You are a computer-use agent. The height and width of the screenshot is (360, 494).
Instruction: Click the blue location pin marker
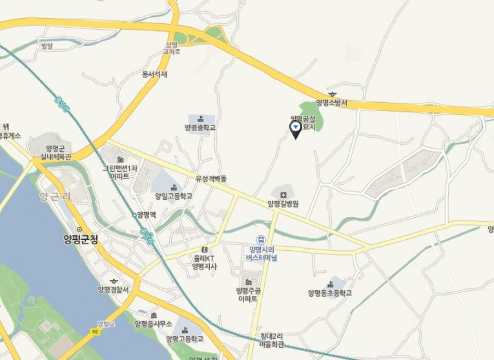pyautogui.click(x=295, y=129)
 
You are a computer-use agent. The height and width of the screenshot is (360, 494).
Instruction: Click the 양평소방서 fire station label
pyautogui.click(x=331, y=103)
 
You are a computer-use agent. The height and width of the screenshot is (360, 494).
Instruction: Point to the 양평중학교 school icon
pyautogui.click(x=200, y=118)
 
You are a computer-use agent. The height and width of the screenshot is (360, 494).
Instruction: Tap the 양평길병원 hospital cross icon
pyautogui.click(x=283, y=195)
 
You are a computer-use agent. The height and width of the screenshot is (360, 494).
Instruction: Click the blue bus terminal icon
pyautogui.click(x=262, y=239)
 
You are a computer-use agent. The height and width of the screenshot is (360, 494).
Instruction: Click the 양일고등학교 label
pyautogui.click(x=173, y=195)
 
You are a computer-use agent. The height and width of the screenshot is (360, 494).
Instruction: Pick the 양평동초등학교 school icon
pyautogui.click(x=331, y=284)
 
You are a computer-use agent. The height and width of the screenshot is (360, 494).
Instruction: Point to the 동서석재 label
pyautogui.click(x=155, y=74)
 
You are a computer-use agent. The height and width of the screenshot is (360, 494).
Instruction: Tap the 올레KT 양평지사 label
pyautogui.click(x=204, y=261)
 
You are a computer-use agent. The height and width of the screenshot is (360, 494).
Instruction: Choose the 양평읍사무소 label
pyautogui.click(x=153, y=323)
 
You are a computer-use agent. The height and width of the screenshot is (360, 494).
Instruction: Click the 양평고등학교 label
pyautogui.click(x=185, y=339)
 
